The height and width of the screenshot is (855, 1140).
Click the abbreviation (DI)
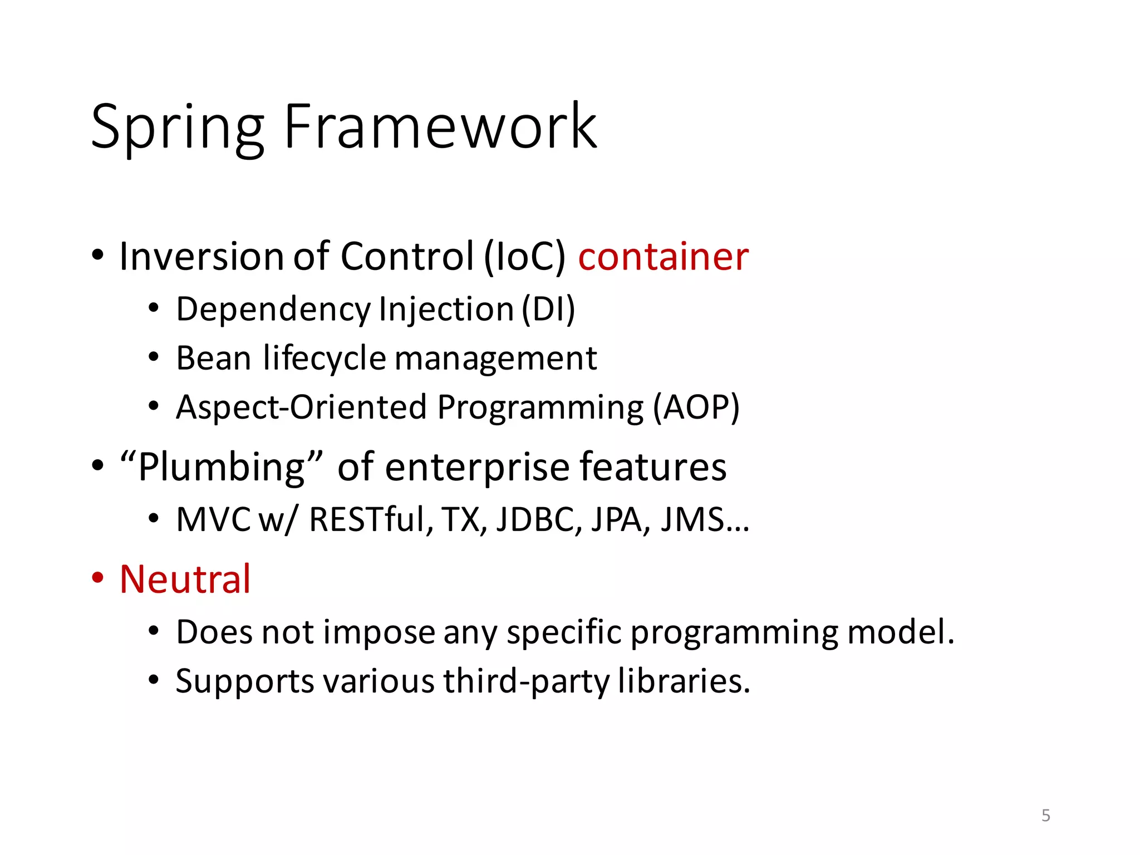(548, 309)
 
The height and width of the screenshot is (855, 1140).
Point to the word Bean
(213, 358)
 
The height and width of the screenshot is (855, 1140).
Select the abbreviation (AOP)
(696, 407)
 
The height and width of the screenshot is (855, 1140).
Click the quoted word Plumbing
(222, 466)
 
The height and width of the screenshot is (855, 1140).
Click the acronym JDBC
(538, 519)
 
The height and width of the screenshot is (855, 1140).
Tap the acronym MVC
(213, 519)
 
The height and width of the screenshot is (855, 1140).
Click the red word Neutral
(185, 579)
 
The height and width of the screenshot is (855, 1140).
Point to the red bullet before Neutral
(98, 578)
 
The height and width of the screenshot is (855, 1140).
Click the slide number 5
(1045, 815)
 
